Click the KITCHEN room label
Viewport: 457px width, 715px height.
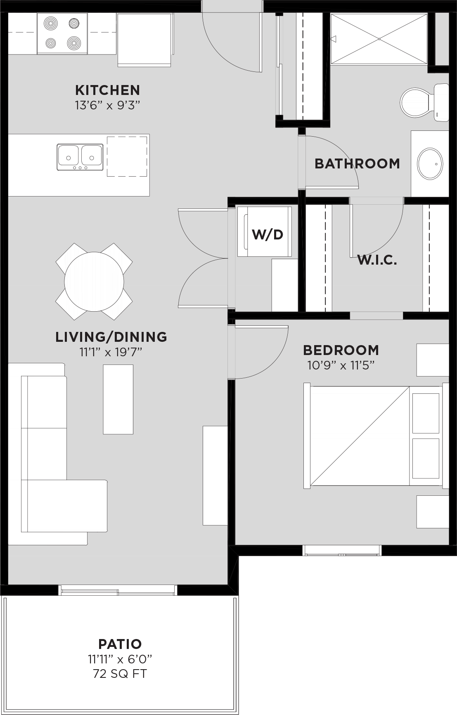click(x=107, y=90)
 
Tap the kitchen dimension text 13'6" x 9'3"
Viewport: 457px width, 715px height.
click(x=107, y=105)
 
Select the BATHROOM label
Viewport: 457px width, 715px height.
click(x=357, y=163)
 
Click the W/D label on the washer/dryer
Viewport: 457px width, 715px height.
click(x=268, y=234)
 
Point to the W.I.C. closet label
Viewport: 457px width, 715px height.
click(x=377, y=260)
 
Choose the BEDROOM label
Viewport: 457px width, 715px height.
click(x=341, y=350)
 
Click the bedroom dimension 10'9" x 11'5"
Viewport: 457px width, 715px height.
click(x=341, y=365)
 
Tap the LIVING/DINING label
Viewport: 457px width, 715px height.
click(x=111, y=337)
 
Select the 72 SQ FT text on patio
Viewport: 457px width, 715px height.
click(x=120, y=674)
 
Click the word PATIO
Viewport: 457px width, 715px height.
click(x=120, y=644)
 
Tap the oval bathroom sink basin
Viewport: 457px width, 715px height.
click(x=430, y=163)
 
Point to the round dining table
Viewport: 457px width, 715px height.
click(x=94, y=282)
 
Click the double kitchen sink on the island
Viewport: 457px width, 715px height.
click(x=80, y=157)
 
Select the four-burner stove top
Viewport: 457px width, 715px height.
click(x=62, y=33)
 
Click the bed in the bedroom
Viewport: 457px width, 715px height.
click(x=376, y=436)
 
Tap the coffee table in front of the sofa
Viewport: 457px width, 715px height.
click(x=118, y=399)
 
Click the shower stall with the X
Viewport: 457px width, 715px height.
click(x=379, y=39)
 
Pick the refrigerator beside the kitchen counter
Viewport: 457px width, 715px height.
click(x=144, y=40)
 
